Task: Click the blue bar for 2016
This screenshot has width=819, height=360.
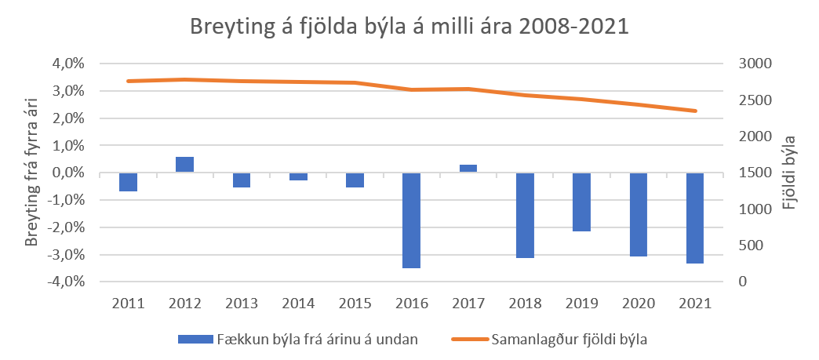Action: [x=412, y=220]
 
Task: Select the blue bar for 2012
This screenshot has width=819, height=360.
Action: [x=184, y=165]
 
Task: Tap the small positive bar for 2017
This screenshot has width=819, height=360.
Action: [x=468, y=169]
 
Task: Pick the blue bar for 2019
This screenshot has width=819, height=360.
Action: [x=581, y=202]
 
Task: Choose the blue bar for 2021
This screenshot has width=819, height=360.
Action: [x=695, y=218]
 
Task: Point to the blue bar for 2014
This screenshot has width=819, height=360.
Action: [x=298, y=176]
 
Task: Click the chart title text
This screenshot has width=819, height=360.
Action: [x=409, y=27]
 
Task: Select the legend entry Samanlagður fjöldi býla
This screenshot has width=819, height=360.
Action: [x=563, y=340]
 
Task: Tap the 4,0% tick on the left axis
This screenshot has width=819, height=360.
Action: [x=67, y=64]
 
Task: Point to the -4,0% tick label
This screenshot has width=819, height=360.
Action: [x=66, y=282]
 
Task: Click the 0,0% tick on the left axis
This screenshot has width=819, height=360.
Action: [x=67, y=173]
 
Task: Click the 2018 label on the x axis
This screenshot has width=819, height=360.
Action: [x=525, y=304]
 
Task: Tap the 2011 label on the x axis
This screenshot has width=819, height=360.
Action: [x=128, y=304]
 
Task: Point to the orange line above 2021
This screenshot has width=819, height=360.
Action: [x=695, y=111]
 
